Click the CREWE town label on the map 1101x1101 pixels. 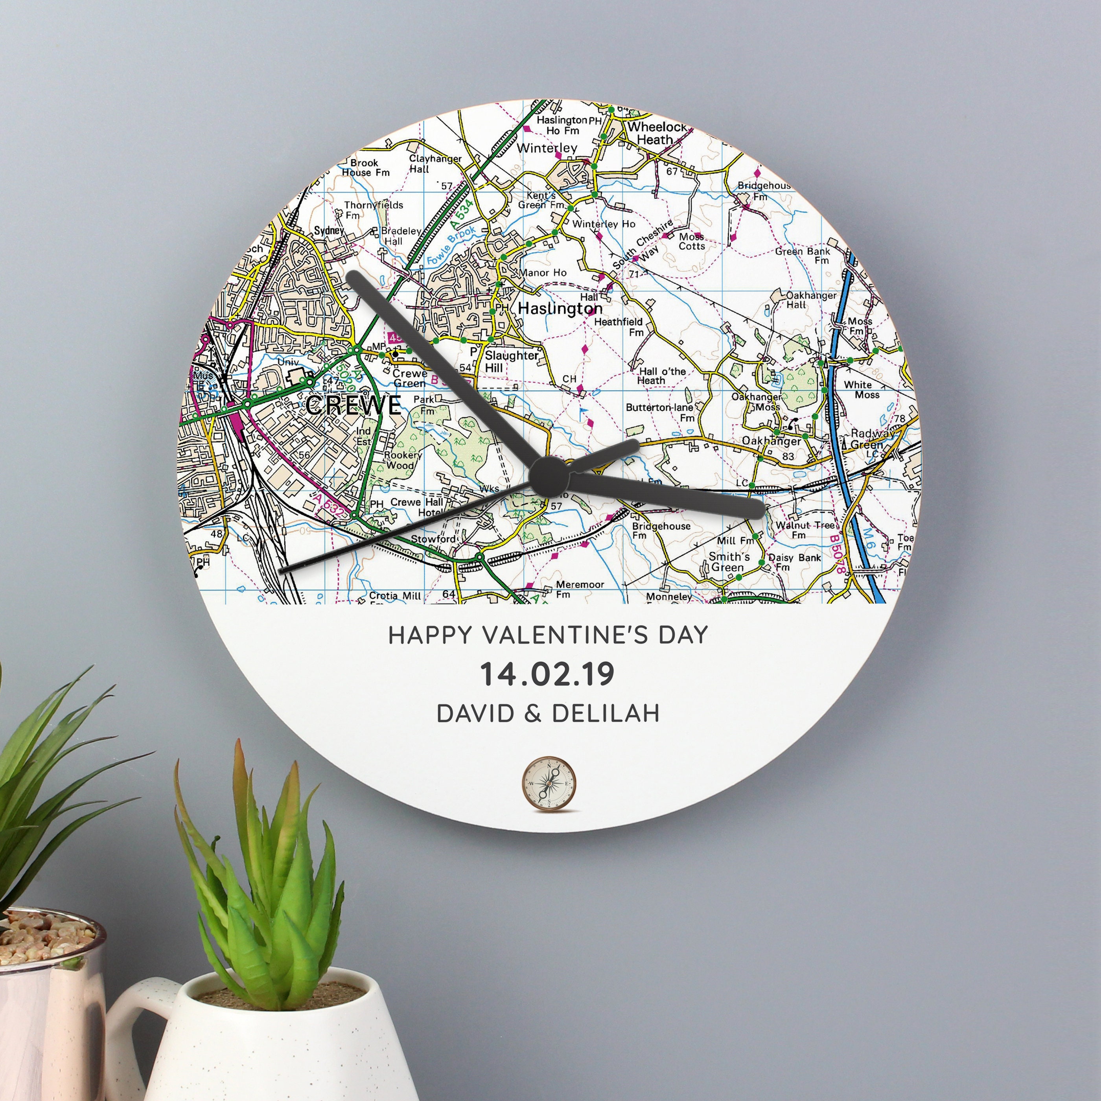click(353, 405)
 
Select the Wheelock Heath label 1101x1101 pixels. click(657, 133)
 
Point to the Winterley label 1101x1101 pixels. click(547, 148)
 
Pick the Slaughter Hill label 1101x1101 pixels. click(511, 361)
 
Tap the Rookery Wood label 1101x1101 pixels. click(402, 460)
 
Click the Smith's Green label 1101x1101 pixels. click(729, 562)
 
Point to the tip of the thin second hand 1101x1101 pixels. click(280, 570)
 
